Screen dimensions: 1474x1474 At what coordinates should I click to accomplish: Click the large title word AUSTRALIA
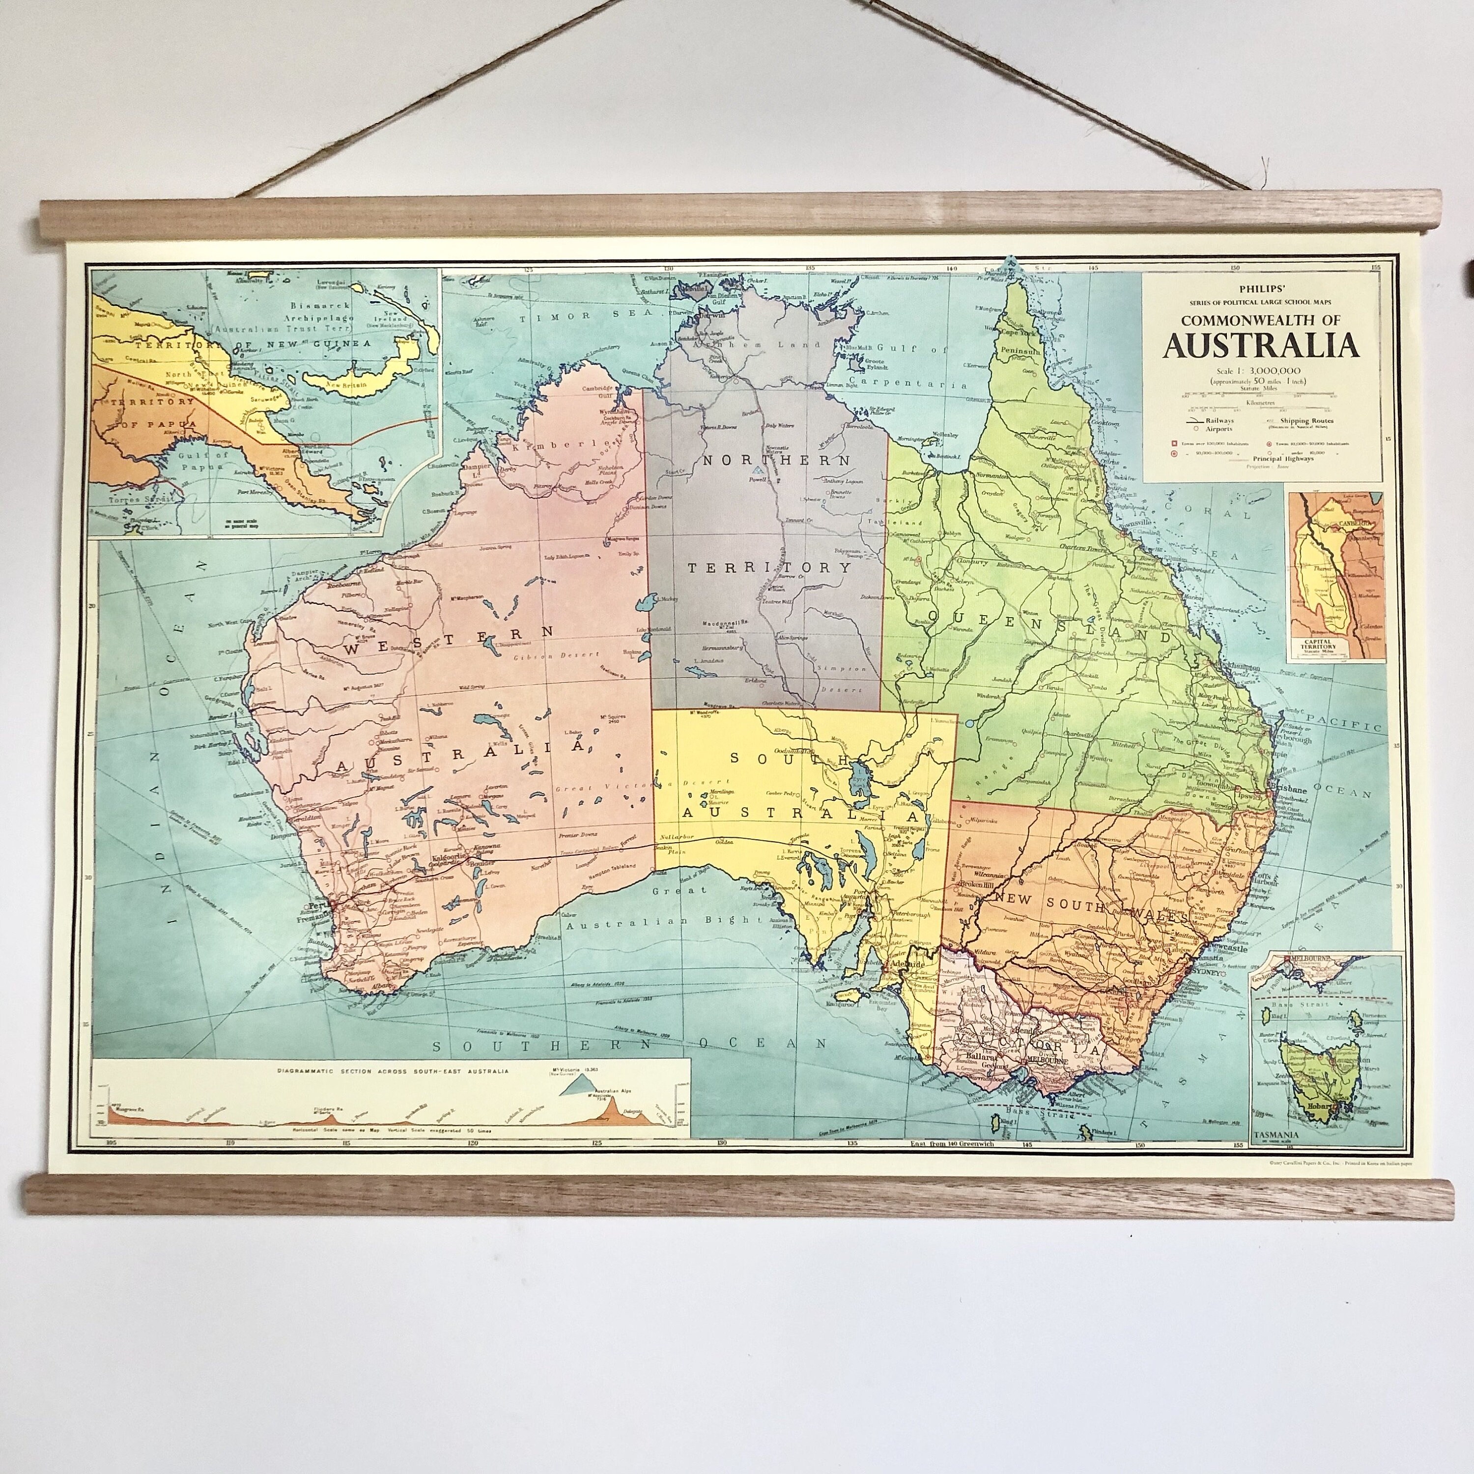(x=1261, y=345)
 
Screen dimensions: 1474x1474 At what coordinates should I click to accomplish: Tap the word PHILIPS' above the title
(x=1260, y=289)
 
